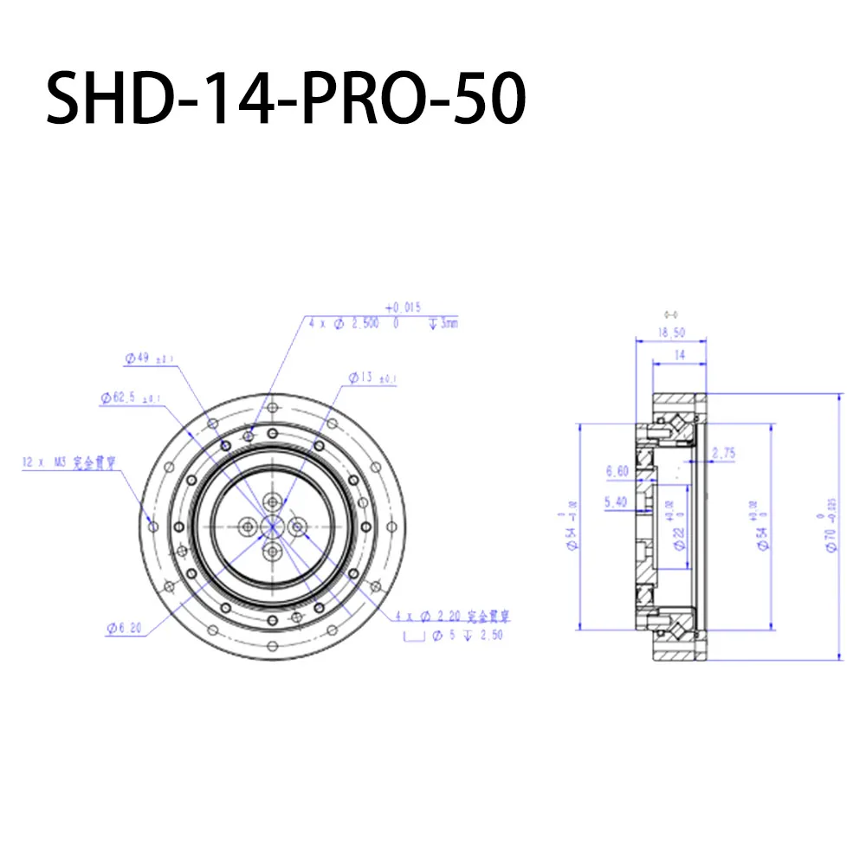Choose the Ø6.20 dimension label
[x=126, y=629]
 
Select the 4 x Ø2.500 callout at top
[x=355, y=322]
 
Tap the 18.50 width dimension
[x=671, y=332]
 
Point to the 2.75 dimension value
[x=722, y=453]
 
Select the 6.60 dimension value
[x=617, y=473]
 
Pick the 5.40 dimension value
[x=617, y=501]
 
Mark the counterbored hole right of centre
[x=299, y=525]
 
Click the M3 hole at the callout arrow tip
[x=153, y=526]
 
